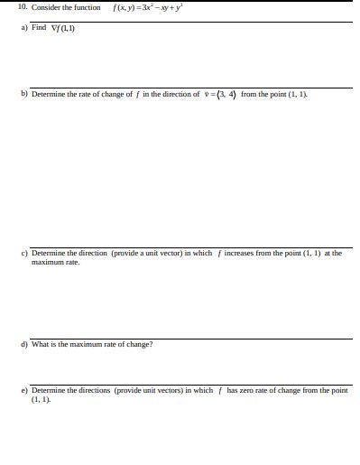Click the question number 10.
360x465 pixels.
click(x=23, y=7)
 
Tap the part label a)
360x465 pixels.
click(x=24, y=28)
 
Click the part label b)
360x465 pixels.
click(x=24, y=93)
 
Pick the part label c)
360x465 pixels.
click(x=24, y=254)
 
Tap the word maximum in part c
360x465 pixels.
click(x=45, y=263)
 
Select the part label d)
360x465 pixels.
click(x=24, y=344)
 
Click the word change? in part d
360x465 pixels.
click(x=139, y=344)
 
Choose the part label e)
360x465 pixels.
click(x=24, y=390)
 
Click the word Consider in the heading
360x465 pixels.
click(x=48, y=7)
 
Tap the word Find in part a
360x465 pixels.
click(x=39, y=28)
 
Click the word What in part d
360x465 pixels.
click(x=41, y=344)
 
